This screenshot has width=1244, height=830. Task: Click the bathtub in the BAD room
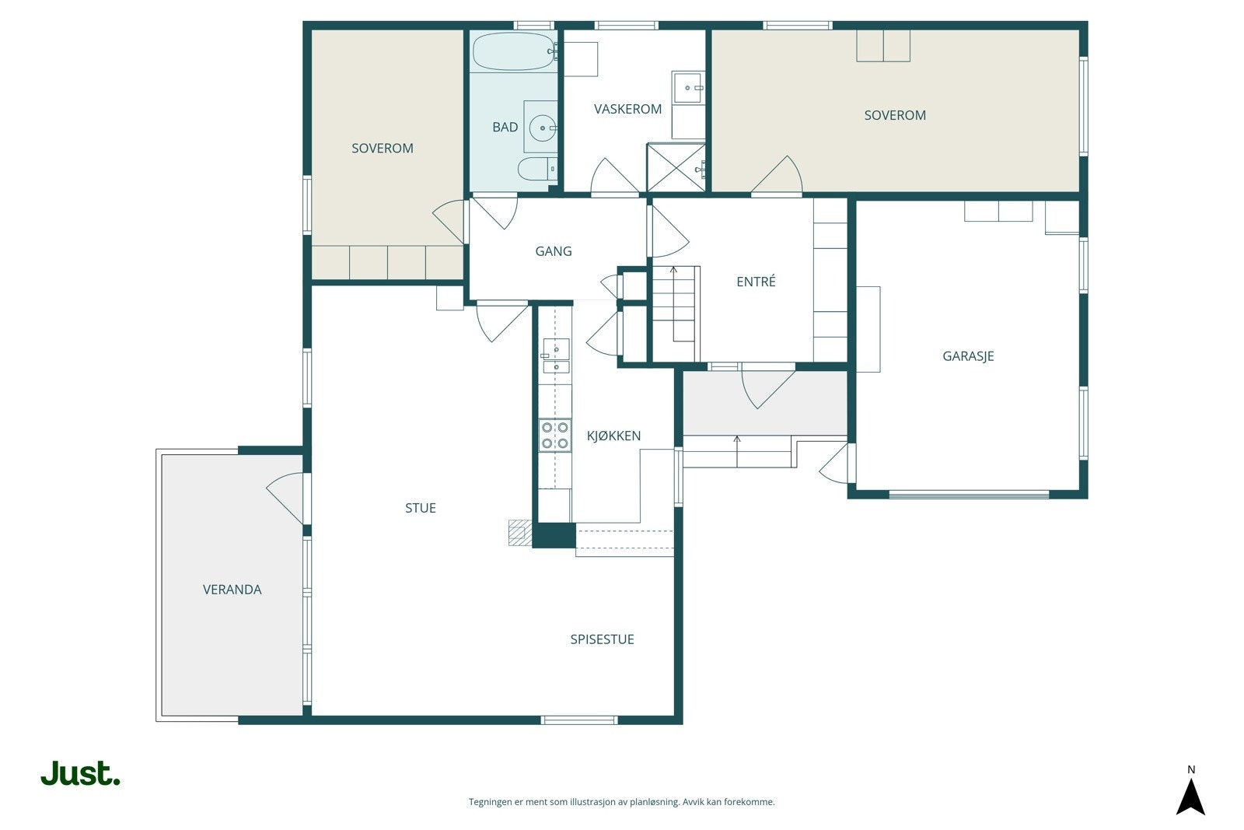[514, 51]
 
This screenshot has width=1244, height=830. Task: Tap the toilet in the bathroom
[537, 169]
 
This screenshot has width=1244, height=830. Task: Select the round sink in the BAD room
[543, 128]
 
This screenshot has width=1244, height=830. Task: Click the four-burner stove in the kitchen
[555, 435]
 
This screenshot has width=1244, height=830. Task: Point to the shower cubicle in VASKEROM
[676, 168]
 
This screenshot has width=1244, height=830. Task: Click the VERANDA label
[232, 590]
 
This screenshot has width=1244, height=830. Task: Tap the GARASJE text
[968, 356]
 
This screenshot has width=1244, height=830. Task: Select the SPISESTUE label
[602, 639]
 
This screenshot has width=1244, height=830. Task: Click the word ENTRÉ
[756, 282]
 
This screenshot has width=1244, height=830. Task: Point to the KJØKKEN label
[613, 436]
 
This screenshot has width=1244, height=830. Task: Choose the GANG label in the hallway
[553, 251]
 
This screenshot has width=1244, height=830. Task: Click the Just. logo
[81, 772]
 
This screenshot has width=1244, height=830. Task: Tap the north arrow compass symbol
[1190, 796]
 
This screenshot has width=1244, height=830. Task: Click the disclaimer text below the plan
[621, 802]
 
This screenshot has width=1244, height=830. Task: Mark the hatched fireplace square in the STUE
[520, 533]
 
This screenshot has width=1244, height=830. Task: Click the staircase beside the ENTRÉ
[676, 314]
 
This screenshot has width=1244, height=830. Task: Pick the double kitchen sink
[556, 356]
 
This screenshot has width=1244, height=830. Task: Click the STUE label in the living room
[421, 508]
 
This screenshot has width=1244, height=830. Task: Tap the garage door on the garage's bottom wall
[969, 494]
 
